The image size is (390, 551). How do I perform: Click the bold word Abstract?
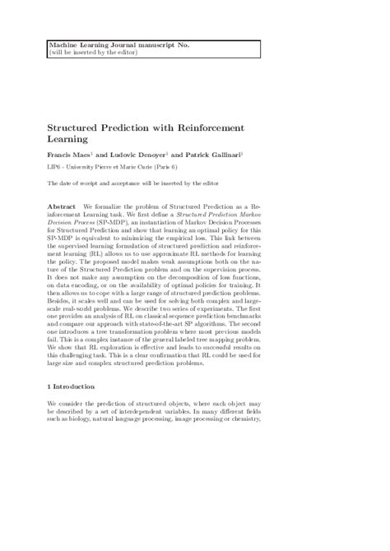(x=63, y=204)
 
